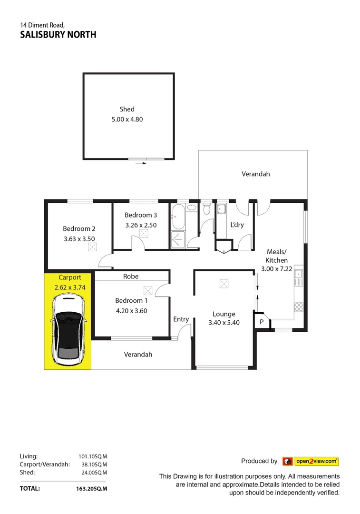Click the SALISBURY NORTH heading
click(x=58, y=34)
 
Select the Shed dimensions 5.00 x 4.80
click(x=127, y=119)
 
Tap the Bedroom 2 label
click(x=79, y=228)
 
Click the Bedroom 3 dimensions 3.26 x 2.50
click(x=141, y=225)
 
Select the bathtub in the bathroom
click(x=178, y=217)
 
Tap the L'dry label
click(x=237, y=225)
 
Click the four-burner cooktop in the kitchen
click(x=299, y=307)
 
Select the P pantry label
click(x=261, y=322)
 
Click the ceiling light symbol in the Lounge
click(x=224, y=284)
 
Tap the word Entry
click(x=181, y=319)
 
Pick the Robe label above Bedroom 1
click(x=131, y=276)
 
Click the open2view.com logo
click(x=311, y=461)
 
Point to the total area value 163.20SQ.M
click(x=91, y=488)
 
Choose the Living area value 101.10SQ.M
click(x=93, y=455)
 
